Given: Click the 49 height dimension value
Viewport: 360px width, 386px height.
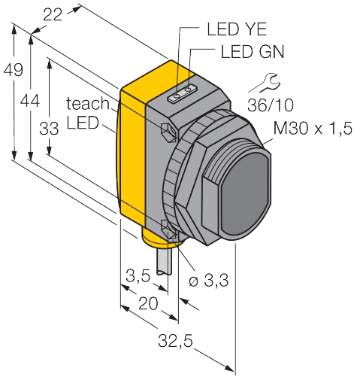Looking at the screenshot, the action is [13, 70].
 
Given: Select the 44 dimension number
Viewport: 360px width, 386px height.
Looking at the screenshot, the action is [30, 102].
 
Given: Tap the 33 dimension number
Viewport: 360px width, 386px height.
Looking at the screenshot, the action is [49, 129].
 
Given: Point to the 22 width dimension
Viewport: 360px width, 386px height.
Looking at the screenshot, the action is [53, 15].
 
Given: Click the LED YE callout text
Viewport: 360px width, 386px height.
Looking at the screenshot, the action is [237, 29].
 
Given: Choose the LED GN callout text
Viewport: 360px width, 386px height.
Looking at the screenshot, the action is [253, 52].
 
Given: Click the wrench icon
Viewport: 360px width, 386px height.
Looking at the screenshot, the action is [265, 83].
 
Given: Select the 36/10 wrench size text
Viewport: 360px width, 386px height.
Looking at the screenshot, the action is [271, 105].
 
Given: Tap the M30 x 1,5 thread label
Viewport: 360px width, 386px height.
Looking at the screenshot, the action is [313, 128].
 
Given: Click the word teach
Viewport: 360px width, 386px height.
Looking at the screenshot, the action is [88, 103].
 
